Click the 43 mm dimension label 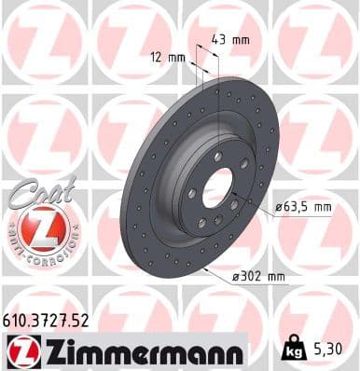230,40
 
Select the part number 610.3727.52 48,320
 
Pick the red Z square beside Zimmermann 20,352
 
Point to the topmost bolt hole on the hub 216,156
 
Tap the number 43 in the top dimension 222,40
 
